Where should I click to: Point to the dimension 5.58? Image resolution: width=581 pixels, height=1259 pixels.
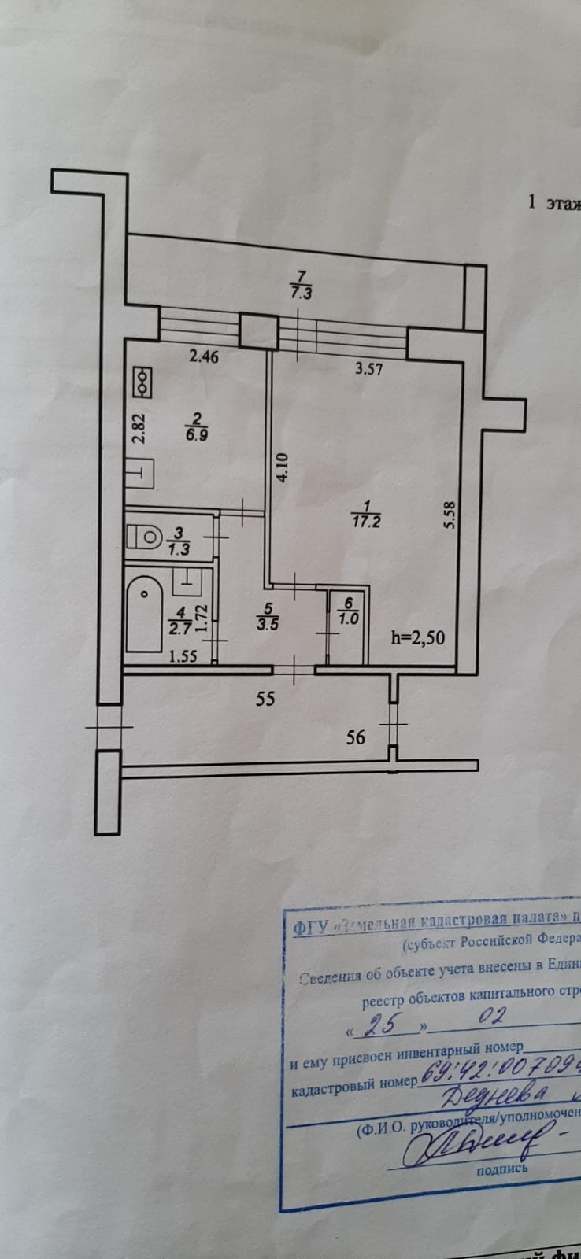click(450, 515)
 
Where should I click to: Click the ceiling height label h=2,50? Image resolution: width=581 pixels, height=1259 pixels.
click(417, 637)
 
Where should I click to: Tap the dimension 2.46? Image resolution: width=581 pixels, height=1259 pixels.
click(203, 356)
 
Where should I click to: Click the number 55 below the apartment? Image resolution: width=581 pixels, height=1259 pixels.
click(265, 697)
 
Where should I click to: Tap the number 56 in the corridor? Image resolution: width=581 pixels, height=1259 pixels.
click(356, 737)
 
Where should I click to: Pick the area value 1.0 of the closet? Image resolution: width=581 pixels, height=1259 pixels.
click(347, 618)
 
